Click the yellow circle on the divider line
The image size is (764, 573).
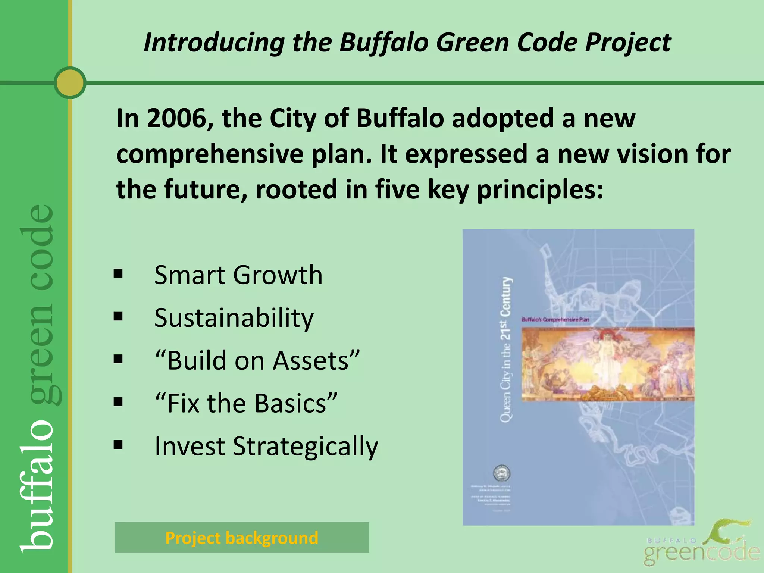(70, 82)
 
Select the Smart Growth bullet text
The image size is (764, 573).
(238, 275)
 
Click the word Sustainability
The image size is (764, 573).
(234, 318)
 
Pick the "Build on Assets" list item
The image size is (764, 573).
(257, 360)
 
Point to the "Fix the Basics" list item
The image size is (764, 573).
(246, 403)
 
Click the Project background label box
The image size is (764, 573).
(242, 538)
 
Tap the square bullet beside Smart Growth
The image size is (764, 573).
(118, 274)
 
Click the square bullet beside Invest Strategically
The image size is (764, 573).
(118, 445)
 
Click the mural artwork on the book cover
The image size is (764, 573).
(608, 364)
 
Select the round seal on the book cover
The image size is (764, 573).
(502, 474)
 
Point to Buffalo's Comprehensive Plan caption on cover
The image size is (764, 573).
(555, 320)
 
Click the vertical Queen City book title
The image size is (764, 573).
(505, 350)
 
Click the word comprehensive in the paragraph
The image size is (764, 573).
(209, 154)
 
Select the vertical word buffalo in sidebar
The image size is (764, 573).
(37, 485)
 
